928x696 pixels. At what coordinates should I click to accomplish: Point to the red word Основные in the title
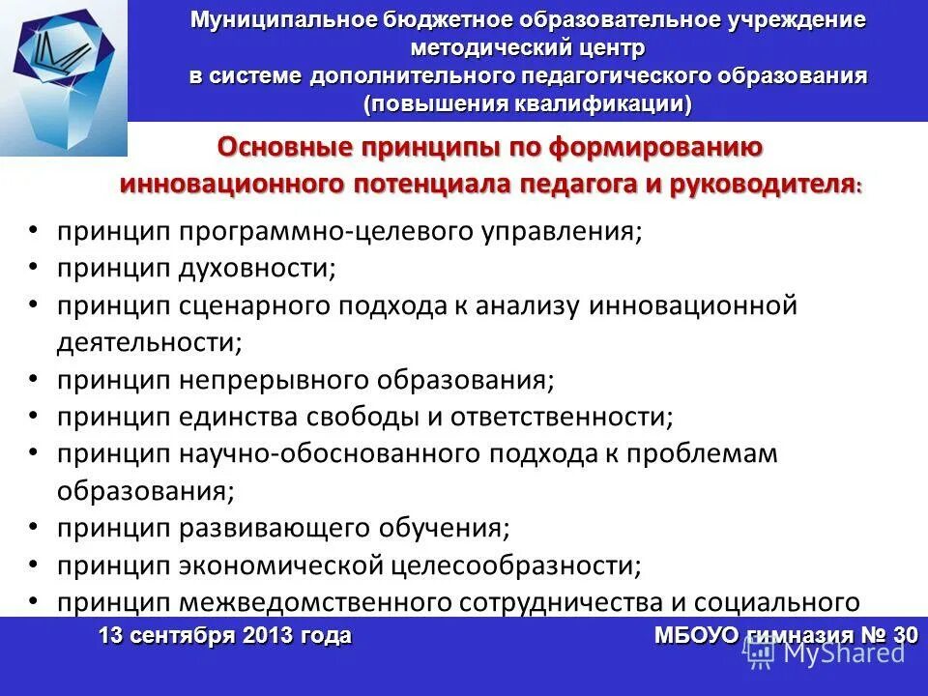point(283,147)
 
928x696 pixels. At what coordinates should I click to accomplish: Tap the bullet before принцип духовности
point(34,267)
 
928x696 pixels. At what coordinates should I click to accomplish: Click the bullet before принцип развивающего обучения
point(34,526)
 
